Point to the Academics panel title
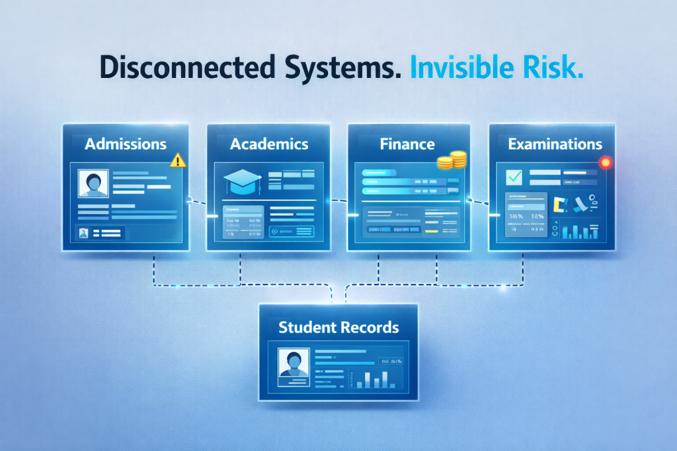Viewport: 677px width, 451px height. click(269, 143)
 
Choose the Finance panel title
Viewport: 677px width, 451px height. click(407, 143)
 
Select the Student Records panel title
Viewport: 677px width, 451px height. click(338, 326)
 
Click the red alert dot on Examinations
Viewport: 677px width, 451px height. click(605, 162)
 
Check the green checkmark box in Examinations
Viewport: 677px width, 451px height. click(514, 177)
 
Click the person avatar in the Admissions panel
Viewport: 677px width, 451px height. click(93, 184)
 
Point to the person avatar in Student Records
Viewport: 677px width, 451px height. click(294, 364)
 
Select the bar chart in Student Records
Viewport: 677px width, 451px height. click(372, 378)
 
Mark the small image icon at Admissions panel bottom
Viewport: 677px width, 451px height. click(84, 233)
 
